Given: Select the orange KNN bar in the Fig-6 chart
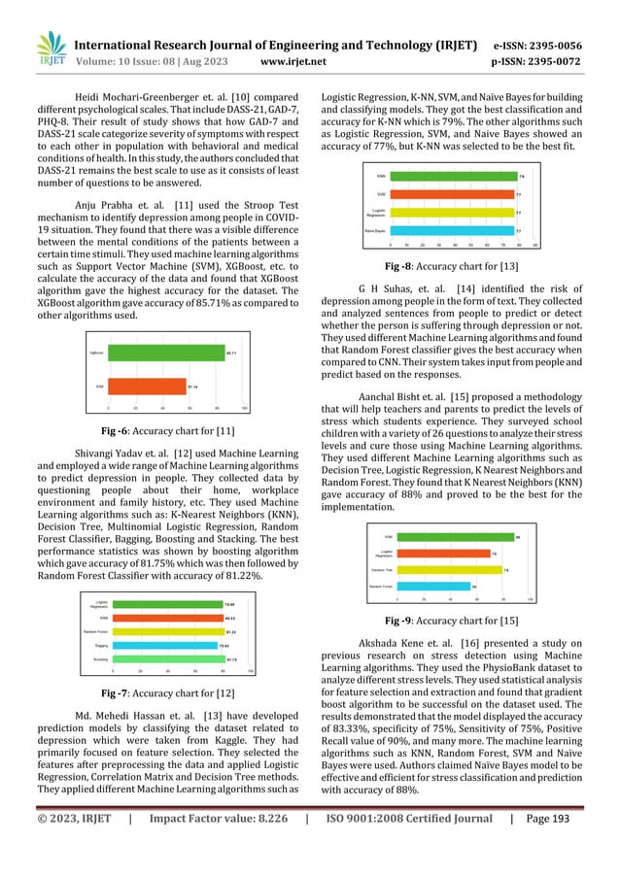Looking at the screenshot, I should click(x=146, y=386).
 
